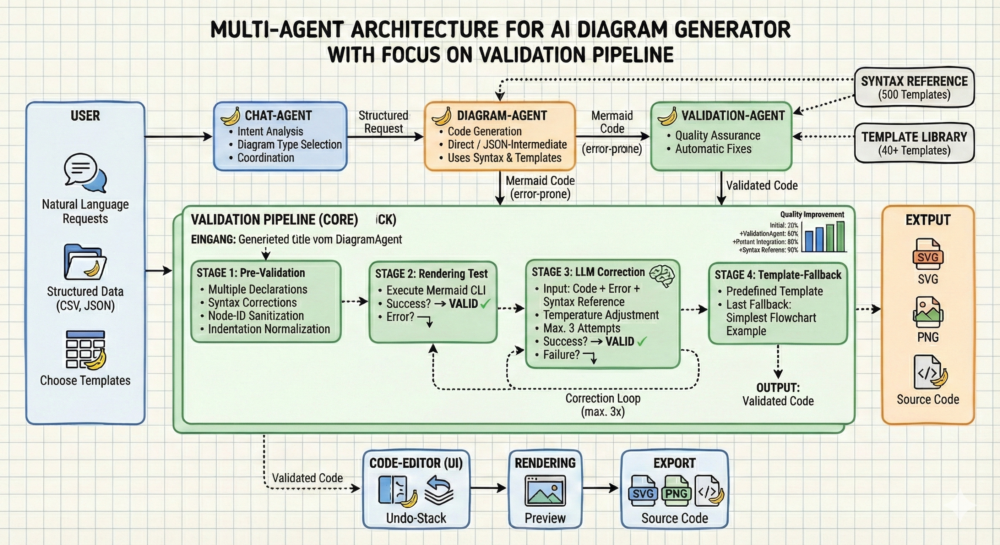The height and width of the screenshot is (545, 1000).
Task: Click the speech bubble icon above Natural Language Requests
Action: tap(85, 172)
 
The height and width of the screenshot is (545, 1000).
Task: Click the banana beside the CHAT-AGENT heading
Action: tap(230, 116)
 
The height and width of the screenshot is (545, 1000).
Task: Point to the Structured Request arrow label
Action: tap(384, 122)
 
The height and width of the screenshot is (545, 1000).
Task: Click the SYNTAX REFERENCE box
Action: tap(914, 87)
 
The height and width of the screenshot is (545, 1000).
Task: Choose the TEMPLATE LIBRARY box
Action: tap(914, 143)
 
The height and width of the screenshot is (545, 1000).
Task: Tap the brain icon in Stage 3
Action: tap(662, 275)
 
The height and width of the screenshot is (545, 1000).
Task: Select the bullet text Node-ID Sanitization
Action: tap(256, 316)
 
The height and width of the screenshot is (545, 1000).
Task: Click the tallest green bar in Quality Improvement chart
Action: tap(841, 237)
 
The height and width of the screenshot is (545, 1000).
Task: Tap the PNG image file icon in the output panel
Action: tap(928, 313)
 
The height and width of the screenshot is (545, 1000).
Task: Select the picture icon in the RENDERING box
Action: tap(545, 491)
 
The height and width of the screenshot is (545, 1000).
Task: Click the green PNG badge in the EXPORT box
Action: tap(676, 494)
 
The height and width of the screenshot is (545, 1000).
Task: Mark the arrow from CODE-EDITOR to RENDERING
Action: tap(488, 488)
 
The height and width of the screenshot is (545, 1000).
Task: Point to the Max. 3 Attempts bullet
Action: tap(582, 328)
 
